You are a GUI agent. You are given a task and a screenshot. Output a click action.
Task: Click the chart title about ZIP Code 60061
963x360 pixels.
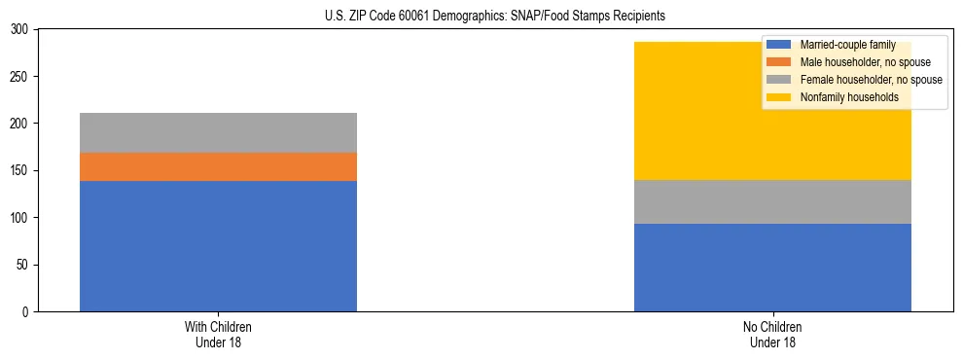495,16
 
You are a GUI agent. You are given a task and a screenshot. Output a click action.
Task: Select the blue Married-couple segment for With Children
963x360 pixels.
218,246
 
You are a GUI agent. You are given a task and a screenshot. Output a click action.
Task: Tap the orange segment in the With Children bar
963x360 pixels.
218,166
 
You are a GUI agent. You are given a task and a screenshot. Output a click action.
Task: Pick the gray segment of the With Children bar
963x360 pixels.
218,132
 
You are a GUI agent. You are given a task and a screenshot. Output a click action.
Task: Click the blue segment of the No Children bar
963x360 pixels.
772,268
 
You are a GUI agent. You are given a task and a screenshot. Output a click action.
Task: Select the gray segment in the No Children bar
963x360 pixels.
772,201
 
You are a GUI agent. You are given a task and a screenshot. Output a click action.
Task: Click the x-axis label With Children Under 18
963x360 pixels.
218,334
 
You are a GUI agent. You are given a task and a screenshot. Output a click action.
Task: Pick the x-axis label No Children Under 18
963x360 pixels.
772,334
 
